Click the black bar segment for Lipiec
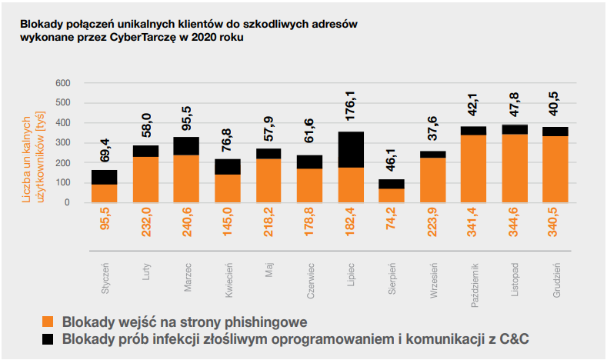(x=351, y=149)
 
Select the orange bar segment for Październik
(x=473, y=169)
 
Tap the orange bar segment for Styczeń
(x=104, y=193)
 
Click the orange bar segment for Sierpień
(x=392, y=195)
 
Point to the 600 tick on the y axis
(x=63, y=83)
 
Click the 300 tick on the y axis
(x=63, y=143)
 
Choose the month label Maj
(x=269, y=270)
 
